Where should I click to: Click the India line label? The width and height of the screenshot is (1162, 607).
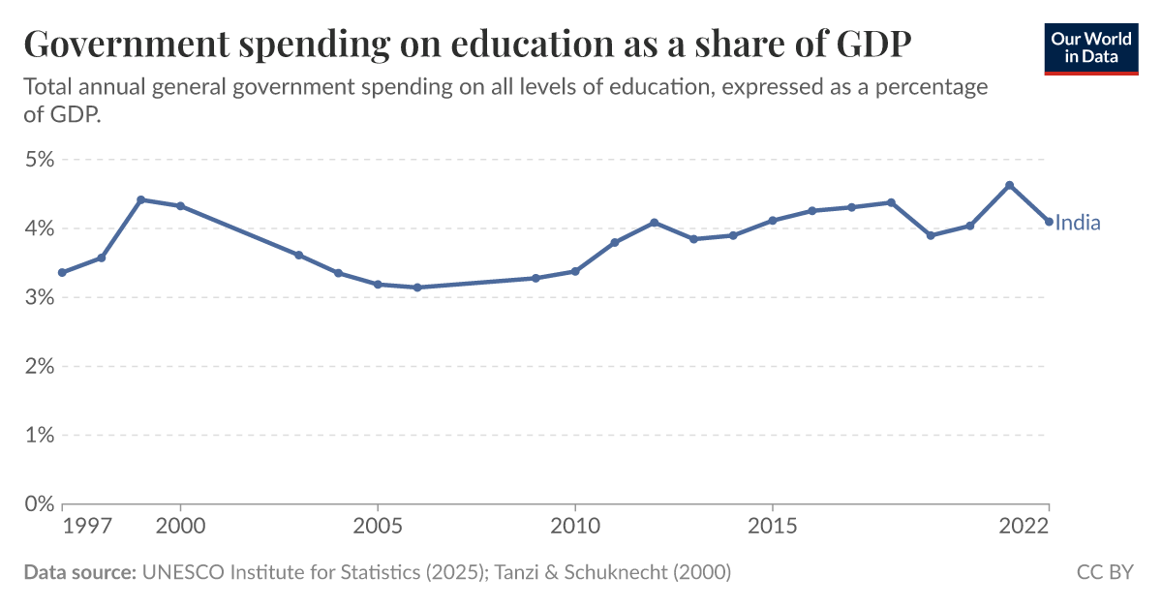[x=1078, y=224]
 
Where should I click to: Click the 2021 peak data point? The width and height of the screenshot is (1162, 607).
[x=1009, y=185]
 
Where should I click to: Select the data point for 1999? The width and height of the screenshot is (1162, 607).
[x=140, y=199]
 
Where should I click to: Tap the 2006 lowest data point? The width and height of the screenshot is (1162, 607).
[x=416, y=288]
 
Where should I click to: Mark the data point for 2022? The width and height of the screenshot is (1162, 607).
[x=1049, y=222]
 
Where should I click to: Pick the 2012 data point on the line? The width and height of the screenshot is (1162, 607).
[x=654, y=223]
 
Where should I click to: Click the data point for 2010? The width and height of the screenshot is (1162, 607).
[x=575, y=271]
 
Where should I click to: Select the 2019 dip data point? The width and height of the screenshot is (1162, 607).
[x=931, y=235]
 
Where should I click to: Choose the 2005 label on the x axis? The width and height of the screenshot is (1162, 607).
[x=378, y=526]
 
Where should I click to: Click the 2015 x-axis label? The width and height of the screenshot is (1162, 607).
[x=773, y=526]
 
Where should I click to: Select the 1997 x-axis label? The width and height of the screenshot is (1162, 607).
[x=83, y=526]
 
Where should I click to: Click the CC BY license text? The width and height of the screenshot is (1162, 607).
[x=1105, y=572]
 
